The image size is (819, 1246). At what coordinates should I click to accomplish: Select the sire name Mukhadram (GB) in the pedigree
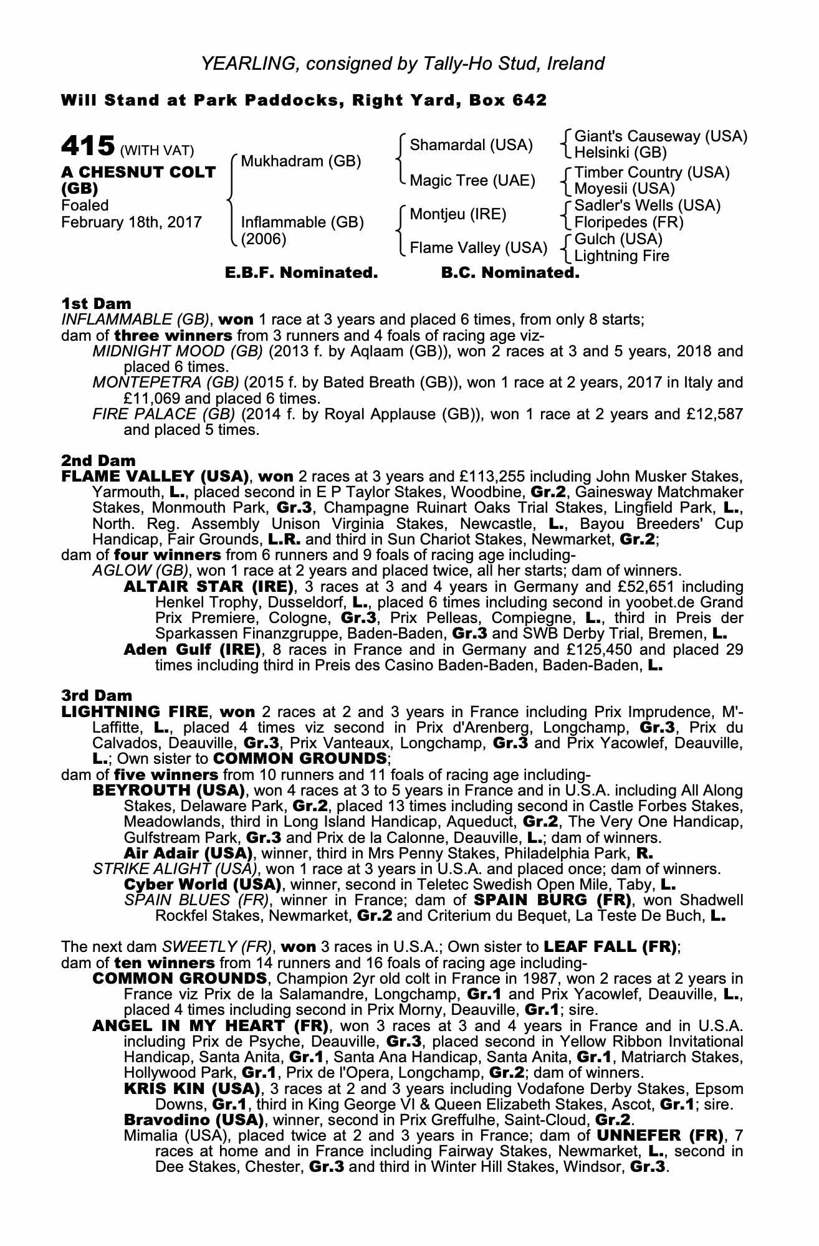(300, 161)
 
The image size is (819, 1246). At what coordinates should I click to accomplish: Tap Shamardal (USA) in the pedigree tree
(471, 145)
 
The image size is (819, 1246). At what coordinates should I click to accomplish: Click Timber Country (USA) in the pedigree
(651, 173)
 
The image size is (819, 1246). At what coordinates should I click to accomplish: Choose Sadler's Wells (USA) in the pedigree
(647, 206)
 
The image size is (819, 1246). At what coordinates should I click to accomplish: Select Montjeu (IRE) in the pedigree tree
(457, 214)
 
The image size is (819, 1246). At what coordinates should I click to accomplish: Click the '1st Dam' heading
(96, 303)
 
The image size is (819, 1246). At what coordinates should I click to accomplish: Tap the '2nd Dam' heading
(98, 460)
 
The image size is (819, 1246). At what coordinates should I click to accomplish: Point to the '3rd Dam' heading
(97, 695)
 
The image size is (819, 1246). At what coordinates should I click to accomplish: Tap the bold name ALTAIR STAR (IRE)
(208, 586)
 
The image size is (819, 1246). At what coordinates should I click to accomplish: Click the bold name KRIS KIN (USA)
(191, 1089)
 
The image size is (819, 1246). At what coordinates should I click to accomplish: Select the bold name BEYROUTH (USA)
(168, 791)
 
